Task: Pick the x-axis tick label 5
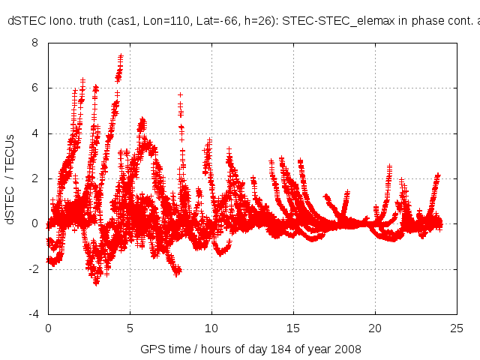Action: [x=130, y=328]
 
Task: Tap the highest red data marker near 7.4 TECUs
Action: [x=121, y=56]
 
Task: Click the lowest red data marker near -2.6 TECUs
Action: [x=96, y=283]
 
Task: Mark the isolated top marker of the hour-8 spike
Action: [x=180, y=95]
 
